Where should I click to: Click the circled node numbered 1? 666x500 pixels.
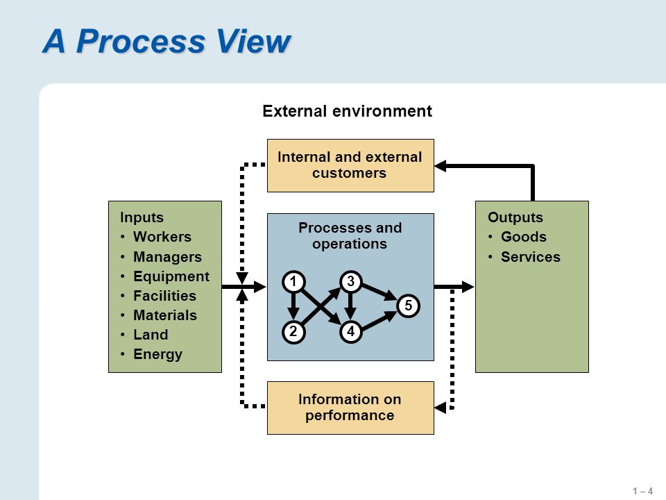293,282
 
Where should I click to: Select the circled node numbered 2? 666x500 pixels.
293,332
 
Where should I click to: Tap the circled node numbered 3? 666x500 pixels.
350,281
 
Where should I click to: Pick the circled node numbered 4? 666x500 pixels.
350,332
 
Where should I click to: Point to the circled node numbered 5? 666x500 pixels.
408,306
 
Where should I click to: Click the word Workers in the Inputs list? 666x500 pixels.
162,237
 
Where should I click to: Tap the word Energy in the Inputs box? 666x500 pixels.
157,355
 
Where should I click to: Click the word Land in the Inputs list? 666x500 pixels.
151,335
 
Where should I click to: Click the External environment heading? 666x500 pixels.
347,111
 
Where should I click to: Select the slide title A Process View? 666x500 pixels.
166,41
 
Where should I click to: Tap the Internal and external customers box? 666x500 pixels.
350,165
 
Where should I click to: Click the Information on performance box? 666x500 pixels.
350,408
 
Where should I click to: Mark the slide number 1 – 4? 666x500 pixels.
642,491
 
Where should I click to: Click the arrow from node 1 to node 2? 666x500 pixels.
293,306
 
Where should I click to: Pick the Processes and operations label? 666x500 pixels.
350,235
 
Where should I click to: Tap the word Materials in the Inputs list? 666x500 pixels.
165,315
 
